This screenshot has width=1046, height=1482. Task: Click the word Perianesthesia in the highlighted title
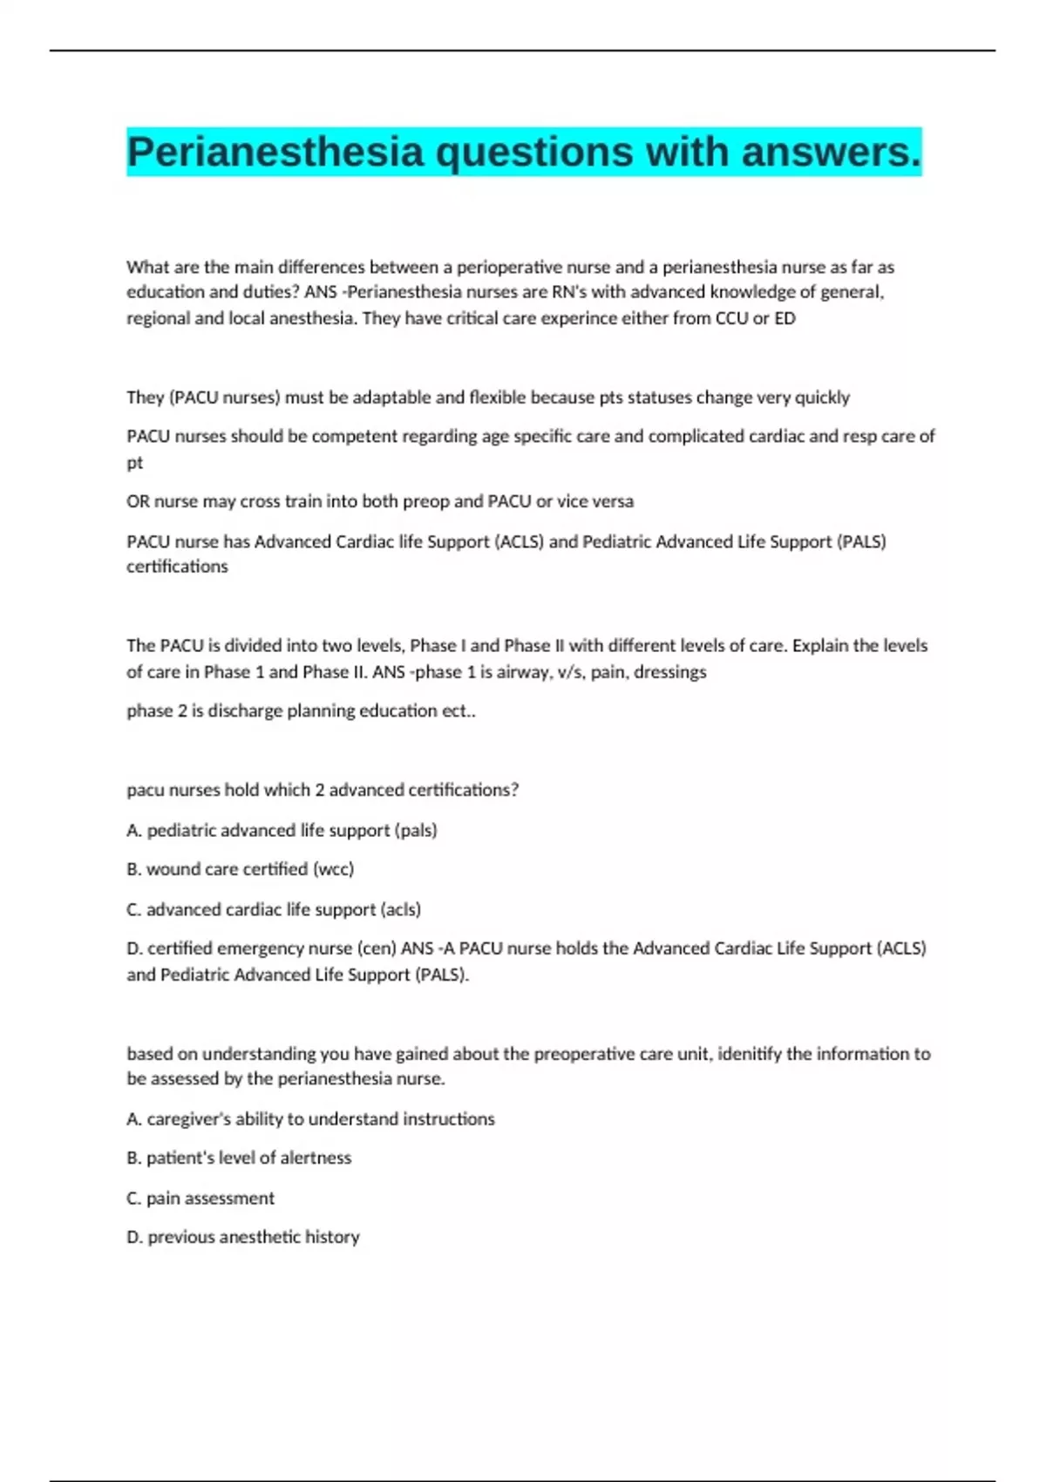click(275, 153)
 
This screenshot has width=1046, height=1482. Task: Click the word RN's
click(570, 292)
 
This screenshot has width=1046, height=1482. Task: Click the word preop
click(475, 501)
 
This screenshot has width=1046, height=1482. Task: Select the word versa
click(613, 501)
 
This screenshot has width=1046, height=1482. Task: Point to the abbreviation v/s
click(569, 672)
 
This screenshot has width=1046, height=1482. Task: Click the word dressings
click(672, 672)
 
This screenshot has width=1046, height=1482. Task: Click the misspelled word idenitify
click(749, 1054)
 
